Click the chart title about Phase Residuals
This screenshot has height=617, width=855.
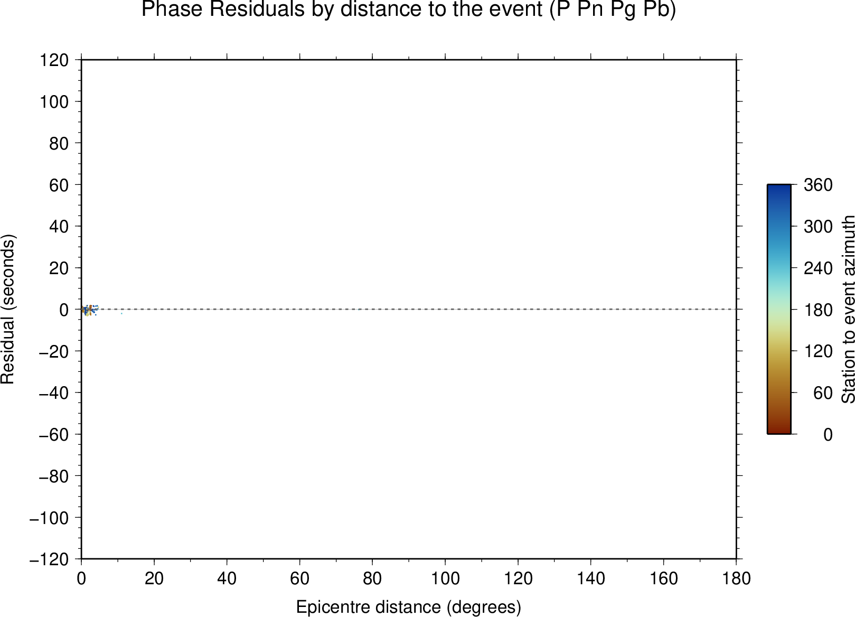coord(408,9)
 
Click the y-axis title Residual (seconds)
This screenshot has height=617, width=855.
coord(7,309)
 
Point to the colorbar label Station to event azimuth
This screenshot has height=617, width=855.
coord(848,309)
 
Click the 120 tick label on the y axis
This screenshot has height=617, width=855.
coord(54,60)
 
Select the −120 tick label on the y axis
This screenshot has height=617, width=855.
coord(49,559)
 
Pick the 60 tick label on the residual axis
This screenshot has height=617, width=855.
coord(59,185)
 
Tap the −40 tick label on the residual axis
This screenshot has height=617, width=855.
coord(54,393)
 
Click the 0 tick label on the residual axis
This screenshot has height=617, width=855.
coord(64,310)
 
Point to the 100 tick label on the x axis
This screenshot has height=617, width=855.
coord(445,579)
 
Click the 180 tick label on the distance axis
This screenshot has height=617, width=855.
coord(736,579)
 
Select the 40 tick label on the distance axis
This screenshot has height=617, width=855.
coord(227,579)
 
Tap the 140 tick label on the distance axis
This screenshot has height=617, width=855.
coord(590,579)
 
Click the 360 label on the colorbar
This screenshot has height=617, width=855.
coord(818,185)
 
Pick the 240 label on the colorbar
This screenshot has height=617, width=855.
coord(818,268)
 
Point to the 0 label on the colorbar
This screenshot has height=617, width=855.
coord(828,435)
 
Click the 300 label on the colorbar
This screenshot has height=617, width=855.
coord(818,227)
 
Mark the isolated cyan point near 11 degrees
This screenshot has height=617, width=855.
coord(121,313)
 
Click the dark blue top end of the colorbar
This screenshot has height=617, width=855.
coord(779,185)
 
